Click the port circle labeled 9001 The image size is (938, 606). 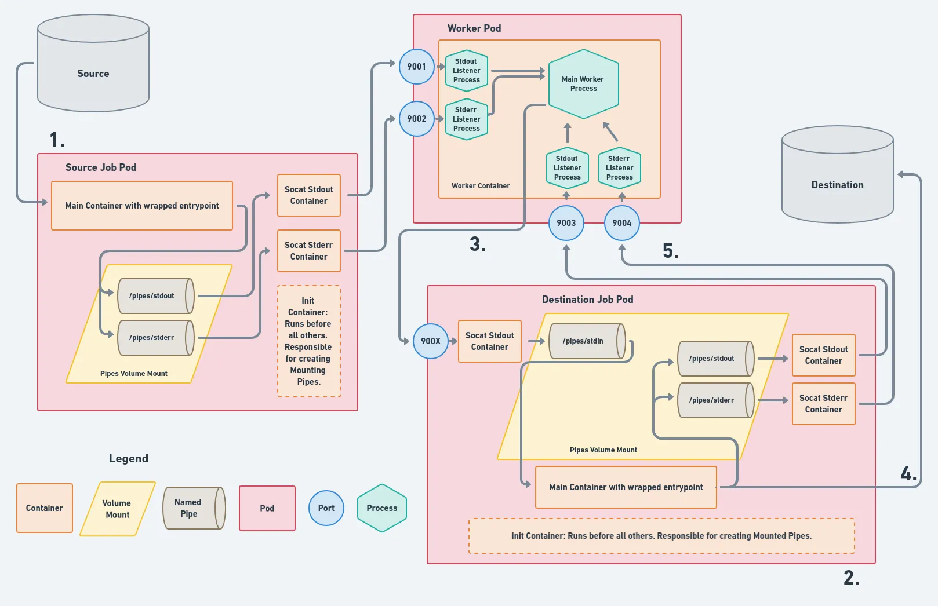[x=416, y=67]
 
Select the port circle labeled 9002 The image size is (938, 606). [x=416, y=119]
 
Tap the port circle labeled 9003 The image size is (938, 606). [x=566, y=223]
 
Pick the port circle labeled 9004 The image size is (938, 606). [x=622, y=223]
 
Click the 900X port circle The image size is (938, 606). [x=430, y=341]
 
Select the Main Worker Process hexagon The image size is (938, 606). [x=583, y=84]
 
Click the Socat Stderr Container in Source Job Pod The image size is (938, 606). [x=308, y=251]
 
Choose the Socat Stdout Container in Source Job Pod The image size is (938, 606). [x=308, y=195]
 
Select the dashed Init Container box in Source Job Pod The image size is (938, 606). [x=308, y=341]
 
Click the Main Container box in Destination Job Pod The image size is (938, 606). [x=626, y=487]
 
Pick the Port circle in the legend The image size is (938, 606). [x=326, y=508]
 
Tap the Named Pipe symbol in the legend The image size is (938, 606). [x=194, y=508]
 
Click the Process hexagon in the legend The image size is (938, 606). [x=381, y=508]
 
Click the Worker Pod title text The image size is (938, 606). [x=474, y=28]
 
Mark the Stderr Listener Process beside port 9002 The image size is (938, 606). [x=466, y=119]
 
